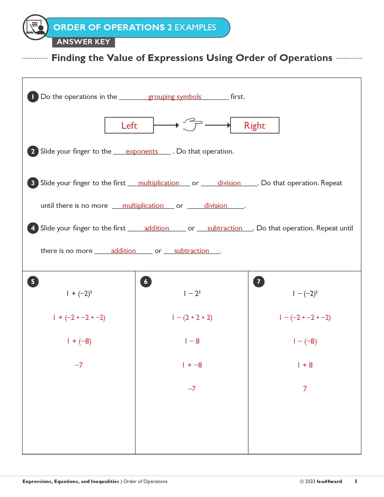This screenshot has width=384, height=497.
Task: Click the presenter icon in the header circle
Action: (x=36, y=27)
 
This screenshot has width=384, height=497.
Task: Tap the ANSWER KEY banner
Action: (x=83, y=42)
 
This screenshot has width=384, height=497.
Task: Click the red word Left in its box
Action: (x=129, y=125)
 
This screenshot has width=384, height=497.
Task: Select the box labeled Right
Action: (x=255, y=125)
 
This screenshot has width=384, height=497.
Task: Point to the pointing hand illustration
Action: (x=192, y=124)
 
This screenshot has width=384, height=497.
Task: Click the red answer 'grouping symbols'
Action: (x=175, y=97)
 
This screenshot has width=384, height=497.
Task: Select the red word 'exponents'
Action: (x=142, y=151)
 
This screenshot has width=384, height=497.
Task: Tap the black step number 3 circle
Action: (x=33, y=183)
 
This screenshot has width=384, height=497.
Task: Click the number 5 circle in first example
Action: (x=33, y=282)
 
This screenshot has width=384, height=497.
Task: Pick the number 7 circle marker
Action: (x=259, y=282)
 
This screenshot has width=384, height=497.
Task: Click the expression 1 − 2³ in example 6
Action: (x=192, y=293)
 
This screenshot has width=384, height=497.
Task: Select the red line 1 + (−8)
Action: (x=79, y=341)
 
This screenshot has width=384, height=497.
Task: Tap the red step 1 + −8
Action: (x=192, y=365)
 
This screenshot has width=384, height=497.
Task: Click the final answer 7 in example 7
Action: (x=305, y=389)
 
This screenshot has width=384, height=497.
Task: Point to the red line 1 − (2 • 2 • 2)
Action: (x=192, y=318)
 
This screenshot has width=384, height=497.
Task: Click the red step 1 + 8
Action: (x=305, y=365)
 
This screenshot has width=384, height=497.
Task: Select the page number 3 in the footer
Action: (x=356, y=481)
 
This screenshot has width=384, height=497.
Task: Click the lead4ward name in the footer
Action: (x=329, y=481)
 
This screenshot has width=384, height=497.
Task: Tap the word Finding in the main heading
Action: (x=68, y=58)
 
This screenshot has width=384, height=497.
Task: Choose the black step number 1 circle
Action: (x=33, y=97)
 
